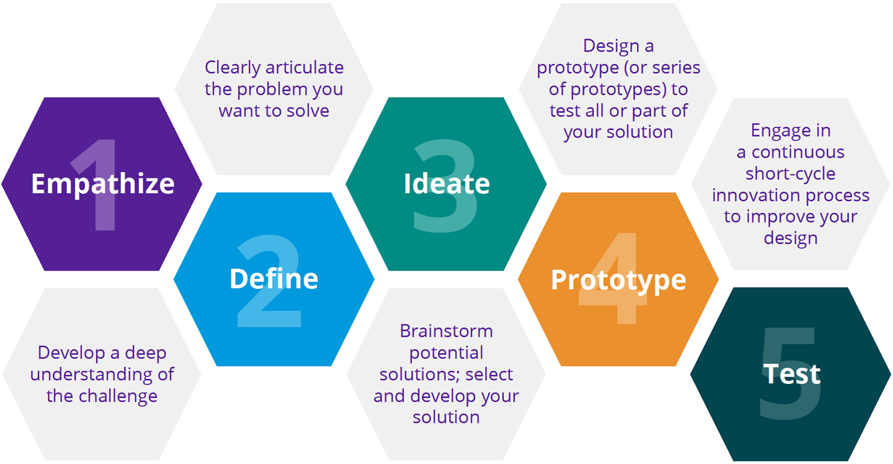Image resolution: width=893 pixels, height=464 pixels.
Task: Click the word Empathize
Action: [x=103, y=184]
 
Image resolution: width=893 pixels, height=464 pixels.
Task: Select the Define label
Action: [x=274, y=278]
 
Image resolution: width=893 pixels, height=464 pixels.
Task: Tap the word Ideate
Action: [x=446, y=184]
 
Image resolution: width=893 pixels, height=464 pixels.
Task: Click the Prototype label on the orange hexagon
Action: [x=618, y=281]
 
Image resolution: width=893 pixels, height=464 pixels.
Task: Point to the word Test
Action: [x=791, y=374]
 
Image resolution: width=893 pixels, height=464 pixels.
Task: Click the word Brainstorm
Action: [x=446, y=331]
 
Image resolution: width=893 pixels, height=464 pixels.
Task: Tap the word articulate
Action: [x=304, y=67]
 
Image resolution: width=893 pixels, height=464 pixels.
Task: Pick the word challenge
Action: [x=118, y=396]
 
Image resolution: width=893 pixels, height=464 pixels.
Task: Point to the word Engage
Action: [x=776, y=131]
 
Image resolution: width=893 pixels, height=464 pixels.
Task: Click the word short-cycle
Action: [x=790, y=174]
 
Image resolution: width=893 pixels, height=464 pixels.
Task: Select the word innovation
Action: [x=756, y=195]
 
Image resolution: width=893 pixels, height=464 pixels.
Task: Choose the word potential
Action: [x=446, y=353]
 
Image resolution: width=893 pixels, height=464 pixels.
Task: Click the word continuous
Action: [x=797, y=152]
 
